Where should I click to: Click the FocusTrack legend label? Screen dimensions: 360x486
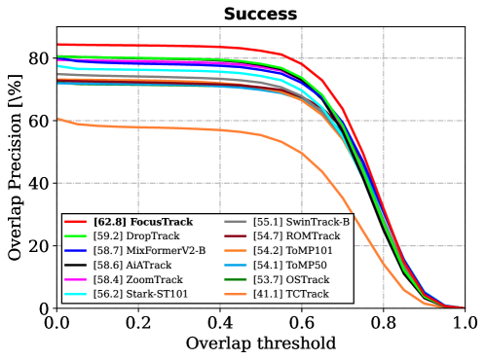point(143,222)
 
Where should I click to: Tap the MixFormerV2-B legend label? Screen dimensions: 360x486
point(150,250)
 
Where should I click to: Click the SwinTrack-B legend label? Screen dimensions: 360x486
point(301,222)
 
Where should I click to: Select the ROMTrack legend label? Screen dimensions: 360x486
point(296,236)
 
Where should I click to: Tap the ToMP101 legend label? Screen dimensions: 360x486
point(293,250)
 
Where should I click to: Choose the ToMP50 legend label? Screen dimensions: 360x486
point(290,265)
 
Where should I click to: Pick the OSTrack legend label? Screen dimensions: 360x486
point(291,279)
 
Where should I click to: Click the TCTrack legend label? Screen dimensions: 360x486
point(291,294)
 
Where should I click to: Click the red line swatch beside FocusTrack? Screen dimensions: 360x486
point(77,222)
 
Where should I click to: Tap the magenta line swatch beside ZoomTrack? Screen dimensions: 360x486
point(77,279)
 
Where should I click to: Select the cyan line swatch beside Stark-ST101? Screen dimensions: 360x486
point(77,294)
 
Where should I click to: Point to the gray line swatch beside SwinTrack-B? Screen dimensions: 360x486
point(236,222)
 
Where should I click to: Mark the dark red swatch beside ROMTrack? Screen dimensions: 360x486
point(236,236)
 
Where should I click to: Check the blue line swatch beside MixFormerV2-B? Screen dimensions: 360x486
point(77,250)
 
